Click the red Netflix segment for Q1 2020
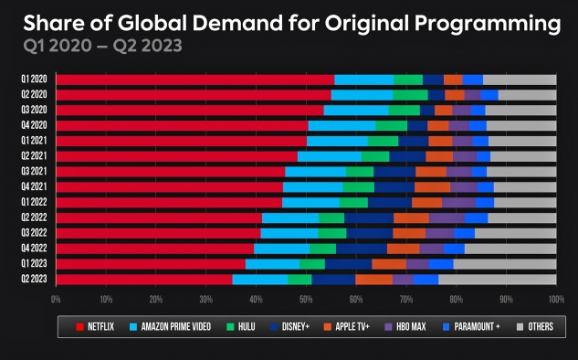[x=195, y=79]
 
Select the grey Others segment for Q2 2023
[x=498, y=280]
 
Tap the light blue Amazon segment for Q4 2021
[x=313, y=187]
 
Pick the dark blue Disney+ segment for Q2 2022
[x=369, y=218]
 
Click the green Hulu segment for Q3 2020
[x=405, y=111]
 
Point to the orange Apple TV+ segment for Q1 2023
[x=389, y=264]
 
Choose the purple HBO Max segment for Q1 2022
[x=458, y=203]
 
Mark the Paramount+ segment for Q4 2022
[x=454, y=249]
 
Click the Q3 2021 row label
[x=34, y=171]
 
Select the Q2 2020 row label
[x=34, y=94]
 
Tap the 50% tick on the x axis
[x=306, y=299]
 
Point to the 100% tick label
[x=556, y=299]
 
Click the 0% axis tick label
[x=56, y=299]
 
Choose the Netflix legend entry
[x=95, y=326]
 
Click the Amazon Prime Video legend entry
[x=171, y=326]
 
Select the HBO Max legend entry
[x=405, y=326]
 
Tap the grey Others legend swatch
[x=520, y=327]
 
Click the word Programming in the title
[x=488, y=23]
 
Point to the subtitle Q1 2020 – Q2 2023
[x=102, y=46]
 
